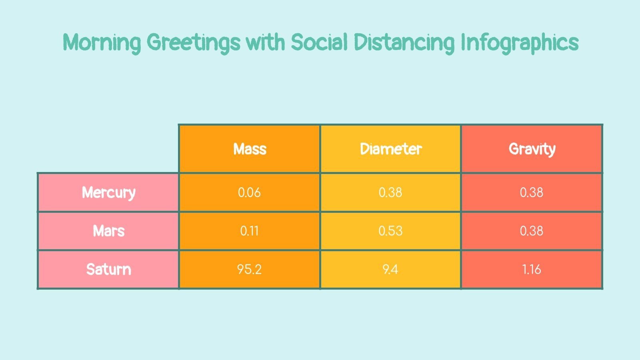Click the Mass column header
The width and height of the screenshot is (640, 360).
click(x=250, y=149)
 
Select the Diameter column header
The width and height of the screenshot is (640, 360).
click(x=391, y=149)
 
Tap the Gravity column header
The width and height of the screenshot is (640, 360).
click(x=532, y=149)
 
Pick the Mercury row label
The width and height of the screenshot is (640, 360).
click(x=108, y=192)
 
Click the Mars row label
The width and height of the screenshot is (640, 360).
click(x=108, y=231)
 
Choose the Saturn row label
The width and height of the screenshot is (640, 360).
click(x=108, y=269)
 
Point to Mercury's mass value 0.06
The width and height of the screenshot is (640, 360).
click(x=249, y=192)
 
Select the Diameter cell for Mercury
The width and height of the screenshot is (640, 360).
click(x=390, y=192)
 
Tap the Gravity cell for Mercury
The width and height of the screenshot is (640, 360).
click(x=531, y=192)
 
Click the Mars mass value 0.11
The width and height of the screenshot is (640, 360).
click(x=249, y=231)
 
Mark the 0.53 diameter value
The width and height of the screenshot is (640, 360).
click(x=390, y=231)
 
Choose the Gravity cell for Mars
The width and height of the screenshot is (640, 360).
click(x=531, y=231)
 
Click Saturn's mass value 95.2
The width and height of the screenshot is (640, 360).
click(x=249, y=269)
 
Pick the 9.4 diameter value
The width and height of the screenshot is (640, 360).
click(x=390, y=269)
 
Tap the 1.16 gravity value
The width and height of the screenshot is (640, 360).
click(x=531, y=269)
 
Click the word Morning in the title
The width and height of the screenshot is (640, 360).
click(x=102, y=42)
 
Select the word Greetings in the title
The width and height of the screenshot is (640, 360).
click(x=194, y=42)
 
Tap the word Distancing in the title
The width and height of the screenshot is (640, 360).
click(x=404, y=42)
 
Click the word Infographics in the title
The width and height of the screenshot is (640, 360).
click(x=520, y=42)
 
